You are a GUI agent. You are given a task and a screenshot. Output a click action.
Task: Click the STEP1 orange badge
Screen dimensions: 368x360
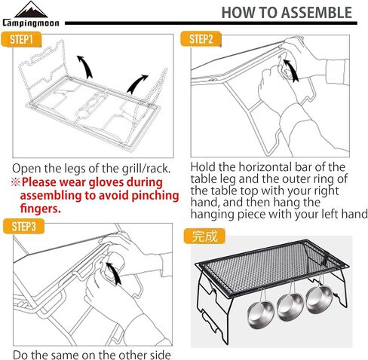(21, 39)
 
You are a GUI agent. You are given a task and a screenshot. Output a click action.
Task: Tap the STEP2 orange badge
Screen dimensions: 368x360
(201, 39)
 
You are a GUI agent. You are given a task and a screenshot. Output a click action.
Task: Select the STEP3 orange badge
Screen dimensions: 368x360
(23, 226)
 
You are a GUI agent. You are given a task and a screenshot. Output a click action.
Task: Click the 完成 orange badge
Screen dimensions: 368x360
(204, 236)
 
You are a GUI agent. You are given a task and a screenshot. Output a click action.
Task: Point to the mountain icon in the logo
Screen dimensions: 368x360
(31, 10)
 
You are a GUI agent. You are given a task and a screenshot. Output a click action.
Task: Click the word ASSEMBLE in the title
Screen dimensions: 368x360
(314, 13)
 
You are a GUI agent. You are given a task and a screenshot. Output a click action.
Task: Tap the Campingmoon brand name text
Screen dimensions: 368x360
(31, 23)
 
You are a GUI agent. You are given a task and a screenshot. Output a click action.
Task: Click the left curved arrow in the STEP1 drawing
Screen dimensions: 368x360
(85, 67)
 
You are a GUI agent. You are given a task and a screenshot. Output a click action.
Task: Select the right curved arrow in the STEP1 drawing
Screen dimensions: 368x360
(136, 84)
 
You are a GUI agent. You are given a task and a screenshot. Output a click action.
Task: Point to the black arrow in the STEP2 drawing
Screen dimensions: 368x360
(292, 70)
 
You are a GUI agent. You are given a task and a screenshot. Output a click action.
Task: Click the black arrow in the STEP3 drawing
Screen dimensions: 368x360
(114, 273)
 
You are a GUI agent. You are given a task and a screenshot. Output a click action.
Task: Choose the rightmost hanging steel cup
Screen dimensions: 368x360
(319, 295)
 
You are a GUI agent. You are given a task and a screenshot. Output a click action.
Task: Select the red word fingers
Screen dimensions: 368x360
(41, 209)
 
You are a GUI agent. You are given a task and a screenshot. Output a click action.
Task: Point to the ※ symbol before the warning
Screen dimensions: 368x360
(15, 182)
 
